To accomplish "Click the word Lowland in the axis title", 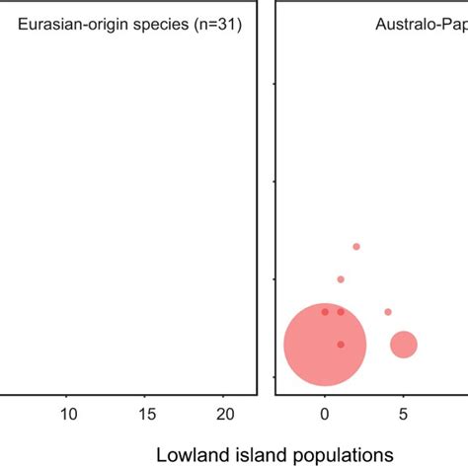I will tap(192, 455).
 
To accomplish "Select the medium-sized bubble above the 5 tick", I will tap(404, 345).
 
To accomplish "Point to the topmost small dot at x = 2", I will tap(356, 247).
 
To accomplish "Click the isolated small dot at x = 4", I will tap(388, 312).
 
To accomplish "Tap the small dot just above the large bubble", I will tap(341, 279).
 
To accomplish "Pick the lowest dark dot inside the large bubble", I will tap(341, 345).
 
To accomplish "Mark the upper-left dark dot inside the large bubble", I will tap(325, 312).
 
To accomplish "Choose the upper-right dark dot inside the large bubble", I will tap(341, 312).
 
